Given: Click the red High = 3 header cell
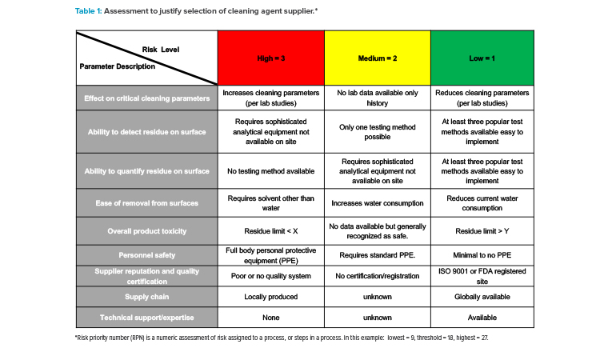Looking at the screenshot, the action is coord(271,58).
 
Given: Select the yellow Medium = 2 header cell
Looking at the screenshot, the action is coord(378,58).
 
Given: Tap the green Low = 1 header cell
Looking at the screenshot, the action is coord(482,58).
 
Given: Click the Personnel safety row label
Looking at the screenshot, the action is coord(147,255).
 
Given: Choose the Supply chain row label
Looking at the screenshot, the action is coord(147,297).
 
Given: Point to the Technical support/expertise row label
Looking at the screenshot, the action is coord(147,318).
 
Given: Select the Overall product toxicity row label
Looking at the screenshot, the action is coord(147,231).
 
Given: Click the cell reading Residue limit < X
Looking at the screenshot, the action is coord(271,231).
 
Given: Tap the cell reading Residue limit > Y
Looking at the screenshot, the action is coord(482,231).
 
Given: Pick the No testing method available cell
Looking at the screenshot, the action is coord(271,171).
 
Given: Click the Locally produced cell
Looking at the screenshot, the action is coord(271,297).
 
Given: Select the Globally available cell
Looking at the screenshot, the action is coord(482,297).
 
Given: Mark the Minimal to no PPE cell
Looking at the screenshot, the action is coord(482,255).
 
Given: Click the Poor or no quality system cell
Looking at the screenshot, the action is coord(271,276).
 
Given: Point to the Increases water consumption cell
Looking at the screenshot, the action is coord(378,203).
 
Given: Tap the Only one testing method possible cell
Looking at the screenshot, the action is coord(378,132).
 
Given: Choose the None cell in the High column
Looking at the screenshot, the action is coord(271,318).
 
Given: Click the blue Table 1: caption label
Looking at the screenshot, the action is coord(88,11).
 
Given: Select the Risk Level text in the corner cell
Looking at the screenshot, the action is coord(161,50).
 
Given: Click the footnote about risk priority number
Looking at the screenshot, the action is coord(282,338).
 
